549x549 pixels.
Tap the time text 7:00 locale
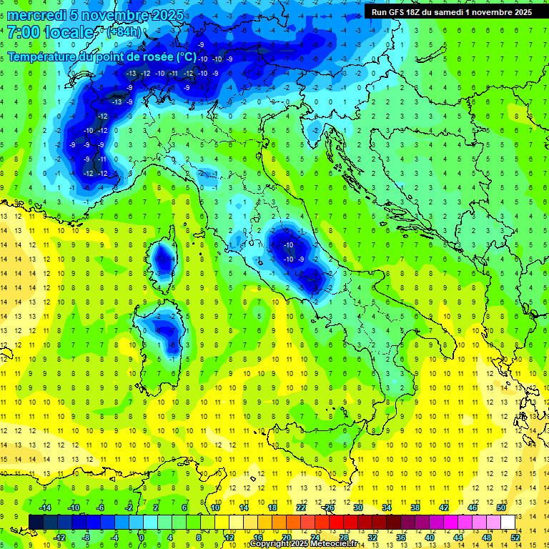click(50, 32)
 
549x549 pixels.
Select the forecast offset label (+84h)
click(124, 32)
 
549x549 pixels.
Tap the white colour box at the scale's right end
click(508, 522)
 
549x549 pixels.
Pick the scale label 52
click(516, 537)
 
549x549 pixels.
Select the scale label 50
click(501, 507)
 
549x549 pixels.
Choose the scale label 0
click(142, 537)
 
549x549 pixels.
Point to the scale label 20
click(285, 537)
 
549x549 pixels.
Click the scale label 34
click(386, 507)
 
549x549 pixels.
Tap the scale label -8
click(86, 537)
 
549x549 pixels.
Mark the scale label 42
click(443, 507)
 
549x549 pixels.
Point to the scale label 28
click(343, 537)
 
